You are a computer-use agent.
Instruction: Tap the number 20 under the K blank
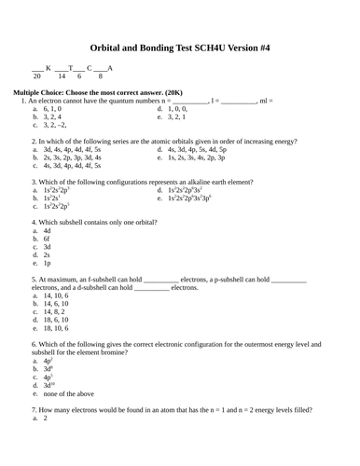tap(37, 76)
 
